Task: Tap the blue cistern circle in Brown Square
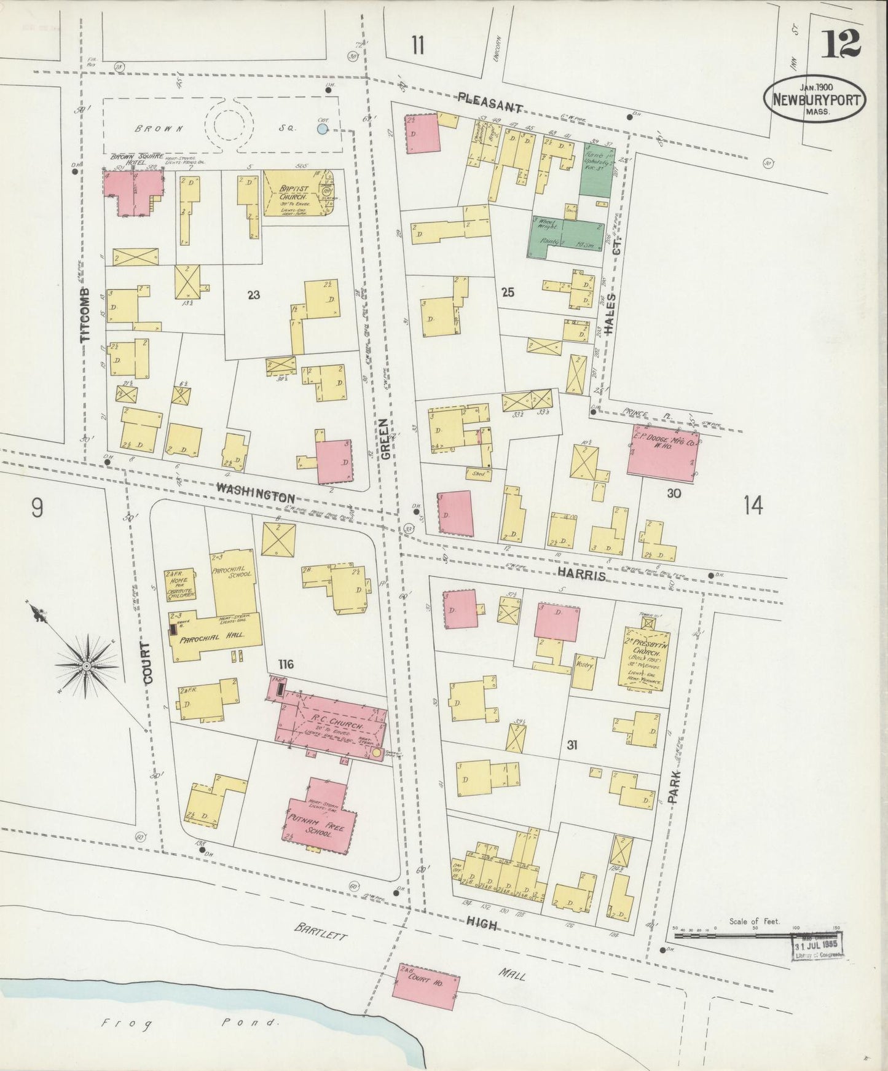point(322,129)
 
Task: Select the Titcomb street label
point(87,314)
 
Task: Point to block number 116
point(285,664)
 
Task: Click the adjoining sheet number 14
point(753,506)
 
